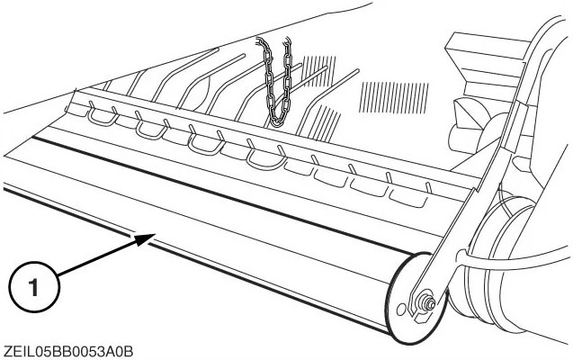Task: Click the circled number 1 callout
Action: click(x=33, y=287)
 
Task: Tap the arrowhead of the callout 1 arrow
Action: click(x=145, y=239)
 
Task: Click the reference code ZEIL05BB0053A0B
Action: click(x=67, y=352)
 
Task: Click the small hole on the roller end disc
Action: click(x=401, y=310)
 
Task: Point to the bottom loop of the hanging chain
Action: click(x=279, y=120)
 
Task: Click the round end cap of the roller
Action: click(x=416, y=298)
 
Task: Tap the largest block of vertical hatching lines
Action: click(x=394, y=97)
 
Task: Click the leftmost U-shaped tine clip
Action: click(x=103, y=117)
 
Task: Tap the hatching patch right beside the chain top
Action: click(x=318, y=70)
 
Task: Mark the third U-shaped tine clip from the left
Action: click(x=207, y=143)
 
